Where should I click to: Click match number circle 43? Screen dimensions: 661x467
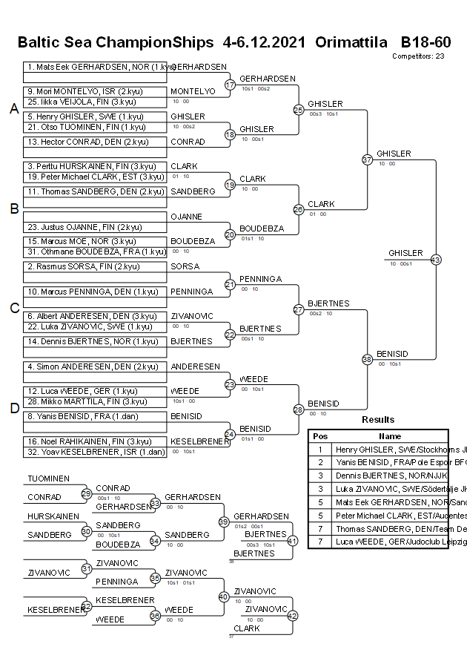(435, 260)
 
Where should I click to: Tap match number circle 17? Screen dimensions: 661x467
(230, 85)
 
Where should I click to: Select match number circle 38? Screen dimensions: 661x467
(367, 359)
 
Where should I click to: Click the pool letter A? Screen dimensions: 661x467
(13, 109)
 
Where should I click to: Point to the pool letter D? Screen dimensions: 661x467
(13, 408)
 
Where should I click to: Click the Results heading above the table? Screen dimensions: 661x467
(378, 420)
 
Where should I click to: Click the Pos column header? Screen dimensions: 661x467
(320, 436)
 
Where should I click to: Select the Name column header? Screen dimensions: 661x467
(390, 436)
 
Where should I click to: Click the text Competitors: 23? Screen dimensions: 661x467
(418, 56)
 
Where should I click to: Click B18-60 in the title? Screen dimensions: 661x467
(425, 42)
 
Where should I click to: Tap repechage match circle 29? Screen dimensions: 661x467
(86, 493)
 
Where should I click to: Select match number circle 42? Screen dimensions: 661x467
(292, 615)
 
